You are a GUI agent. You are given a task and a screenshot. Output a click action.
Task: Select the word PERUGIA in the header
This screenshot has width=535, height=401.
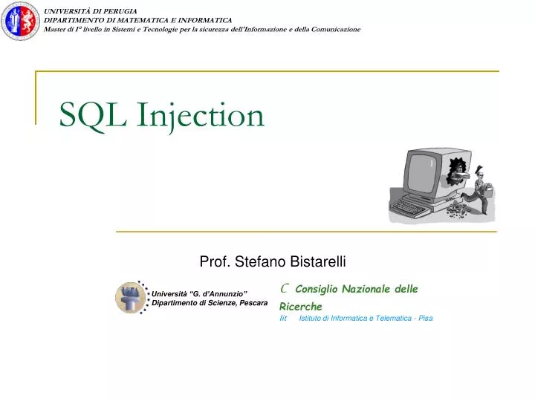pos(121,10)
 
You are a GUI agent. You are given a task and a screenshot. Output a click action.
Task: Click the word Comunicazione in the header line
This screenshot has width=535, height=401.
pos(328,29)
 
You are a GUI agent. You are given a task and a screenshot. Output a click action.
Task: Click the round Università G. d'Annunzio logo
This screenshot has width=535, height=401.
pos(132,298)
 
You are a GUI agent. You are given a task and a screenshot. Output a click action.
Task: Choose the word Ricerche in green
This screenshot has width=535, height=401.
pos(301,306)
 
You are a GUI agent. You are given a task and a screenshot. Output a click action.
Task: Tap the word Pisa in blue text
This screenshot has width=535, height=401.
pos(425,318)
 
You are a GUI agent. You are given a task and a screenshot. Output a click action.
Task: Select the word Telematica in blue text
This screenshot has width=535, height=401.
pos(389,318)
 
